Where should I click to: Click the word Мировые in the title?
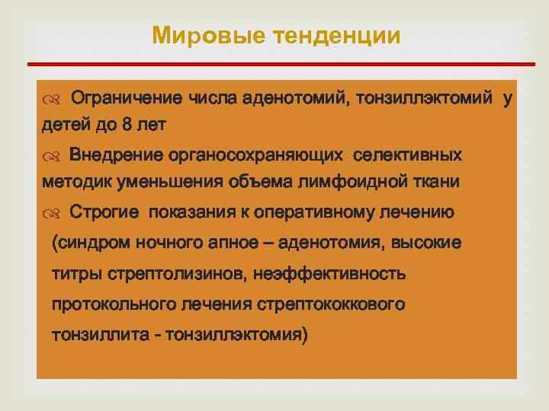(x=197, y=36)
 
